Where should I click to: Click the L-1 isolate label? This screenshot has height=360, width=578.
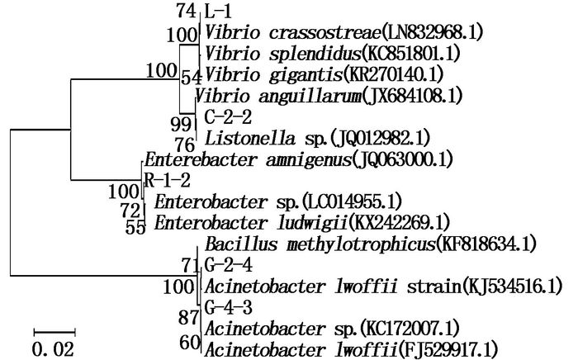pyautogui.click(x=218, y=12)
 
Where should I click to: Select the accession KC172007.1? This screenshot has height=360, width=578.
pyautogui.click(x=410, y=329)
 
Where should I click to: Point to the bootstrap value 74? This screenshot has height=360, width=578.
pyautogui.click(x=186, y=12)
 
